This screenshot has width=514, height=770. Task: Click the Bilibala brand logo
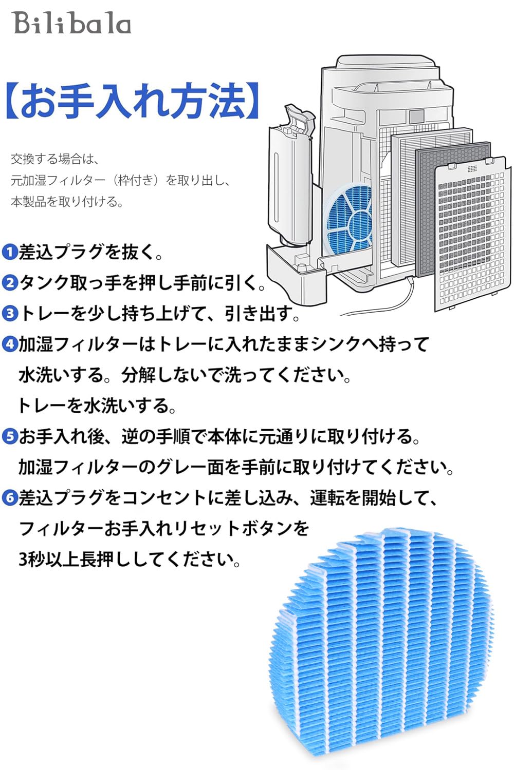(72, 23)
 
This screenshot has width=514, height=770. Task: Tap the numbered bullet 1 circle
(10, 252)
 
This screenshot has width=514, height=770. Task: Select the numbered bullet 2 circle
(10, 283)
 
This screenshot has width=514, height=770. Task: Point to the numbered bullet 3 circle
(10, 313)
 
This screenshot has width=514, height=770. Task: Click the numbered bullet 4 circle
(10, 344)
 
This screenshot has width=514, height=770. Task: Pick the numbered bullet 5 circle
(10, 437)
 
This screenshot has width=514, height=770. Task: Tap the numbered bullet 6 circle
(10, 498)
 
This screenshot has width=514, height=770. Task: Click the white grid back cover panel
(473, 236)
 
